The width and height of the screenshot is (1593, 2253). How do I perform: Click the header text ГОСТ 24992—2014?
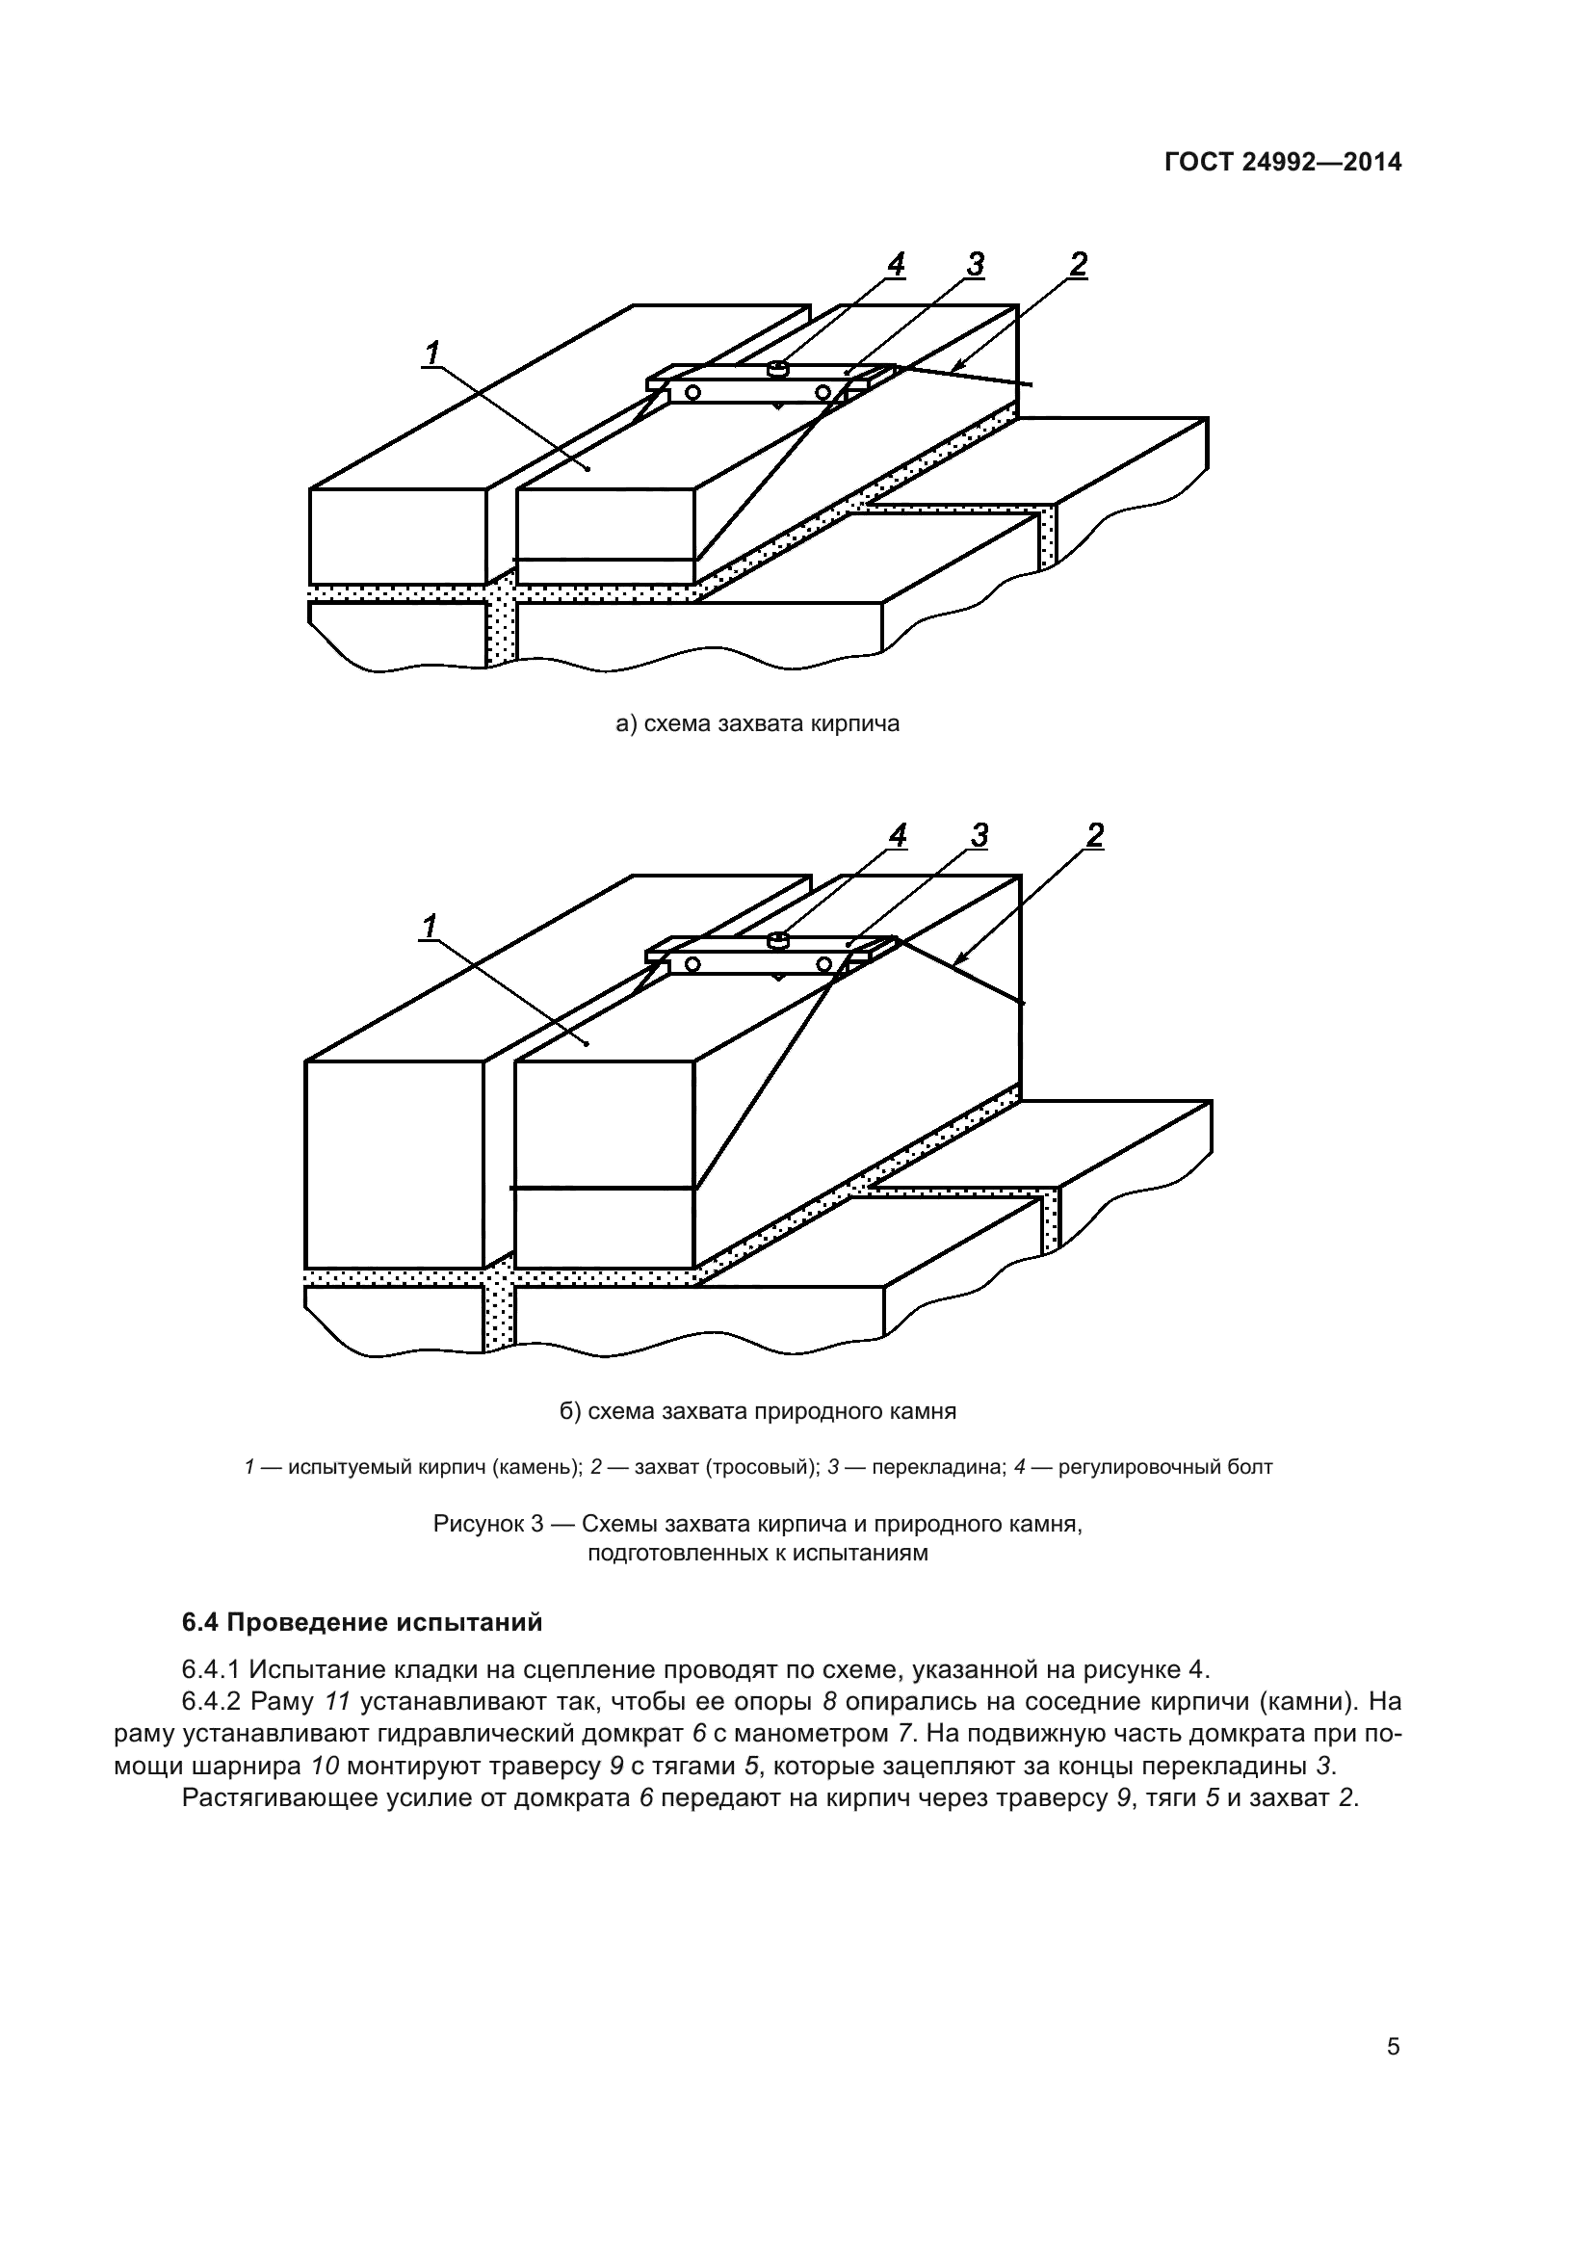click(1283, 162)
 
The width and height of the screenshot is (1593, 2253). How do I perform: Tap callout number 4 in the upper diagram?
click(895, 264)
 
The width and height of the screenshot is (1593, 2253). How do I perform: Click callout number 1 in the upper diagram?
click(432, 353)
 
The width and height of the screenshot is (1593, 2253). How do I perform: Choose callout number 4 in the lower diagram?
click(898, 835)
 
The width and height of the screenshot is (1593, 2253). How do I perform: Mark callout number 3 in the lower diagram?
click(978, 835)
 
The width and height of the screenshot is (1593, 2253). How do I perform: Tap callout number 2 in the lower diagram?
click(1095, 835)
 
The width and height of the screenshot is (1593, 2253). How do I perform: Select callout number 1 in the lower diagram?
click(429, 926)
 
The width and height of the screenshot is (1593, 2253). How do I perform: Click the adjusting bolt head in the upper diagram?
click(777, 369)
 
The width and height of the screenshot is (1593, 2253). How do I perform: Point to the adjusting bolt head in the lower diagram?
click(777, 940)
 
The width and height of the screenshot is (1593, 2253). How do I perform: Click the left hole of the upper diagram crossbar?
click(693, 392)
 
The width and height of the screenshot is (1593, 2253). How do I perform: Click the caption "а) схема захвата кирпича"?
click(757, 724)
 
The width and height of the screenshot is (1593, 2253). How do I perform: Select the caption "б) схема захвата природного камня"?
click(757, 1412)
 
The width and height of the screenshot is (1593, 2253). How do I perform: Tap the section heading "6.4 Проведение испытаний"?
click(362, 1622)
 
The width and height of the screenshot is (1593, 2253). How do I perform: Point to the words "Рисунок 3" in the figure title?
click(487, 1525)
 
